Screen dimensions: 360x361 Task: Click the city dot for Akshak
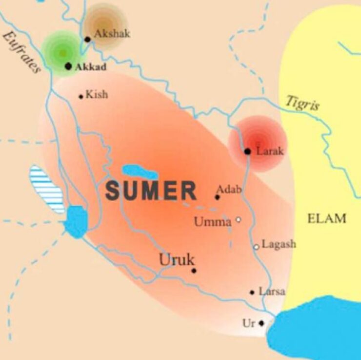[88, 39]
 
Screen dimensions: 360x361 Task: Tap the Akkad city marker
[68, 66]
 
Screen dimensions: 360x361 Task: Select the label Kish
[97, 94]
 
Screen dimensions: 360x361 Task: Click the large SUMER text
[151, 191]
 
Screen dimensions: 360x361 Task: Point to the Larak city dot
[248, 151]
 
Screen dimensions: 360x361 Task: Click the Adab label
[229, 189]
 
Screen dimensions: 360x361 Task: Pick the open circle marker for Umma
[239, 220]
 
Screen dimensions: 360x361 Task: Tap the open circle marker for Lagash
[256, 247]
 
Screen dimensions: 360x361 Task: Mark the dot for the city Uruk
[194, 270]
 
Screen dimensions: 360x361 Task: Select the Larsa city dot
[252, 293]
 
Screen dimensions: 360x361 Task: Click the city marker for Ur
[261, 323]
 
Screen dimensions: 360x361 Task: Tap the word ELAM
[326, 218]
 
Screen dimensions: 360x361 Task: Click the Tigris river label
[302, 104]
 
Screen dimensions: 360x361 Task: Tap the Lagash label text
[279, 244]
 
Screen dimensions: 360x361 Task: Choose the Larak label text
[270, 151]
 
